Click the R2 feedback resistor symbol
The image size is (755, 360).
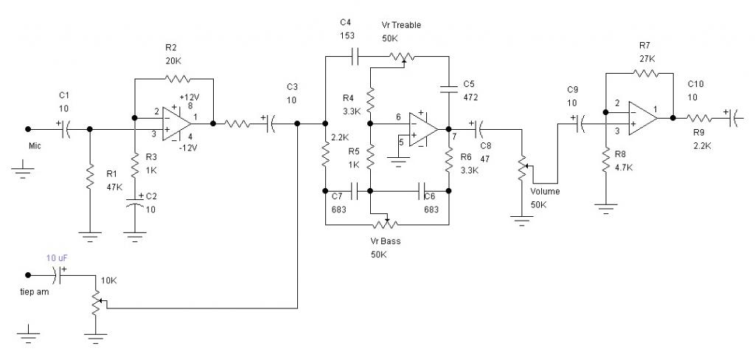(x=177, y=78)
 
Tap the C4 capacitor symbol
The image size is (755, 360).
(x=357, y=56)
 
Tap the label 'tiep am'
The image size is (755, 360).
(x=34, y=291)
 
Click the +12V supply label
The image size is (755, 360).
(x=189, y=97)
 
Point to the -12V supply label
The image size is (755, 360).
(x=188, y=148)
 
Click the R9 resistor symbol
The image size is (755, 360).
(x=698, y=117)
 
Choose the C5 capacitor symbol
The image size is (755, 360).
(x=449, y=89)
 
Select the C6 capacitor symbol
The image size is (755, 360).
(x=422, y=191)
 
